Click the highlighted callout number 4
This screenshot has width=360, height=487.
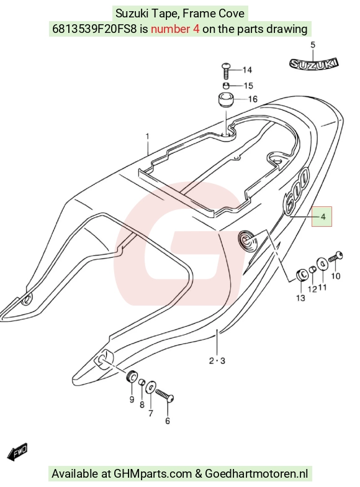click(323, 216)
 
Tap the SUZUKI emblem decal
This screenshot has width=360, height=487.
click(314, 64)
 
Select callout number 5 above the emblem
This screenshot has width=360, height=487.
click(313, 45)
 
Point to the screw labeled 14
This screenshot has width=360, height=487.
click(226, 71)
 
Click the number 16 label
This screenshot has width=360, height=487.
click(253, 99)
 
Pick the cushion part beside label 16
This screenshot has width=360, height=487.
click(226, 99)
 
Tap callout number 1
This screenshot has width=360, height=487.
click(148, 137)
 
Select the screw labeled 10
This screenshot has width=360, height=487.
click(335, 257)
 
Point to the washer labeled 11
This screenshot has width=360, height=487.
click(322, 265)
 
